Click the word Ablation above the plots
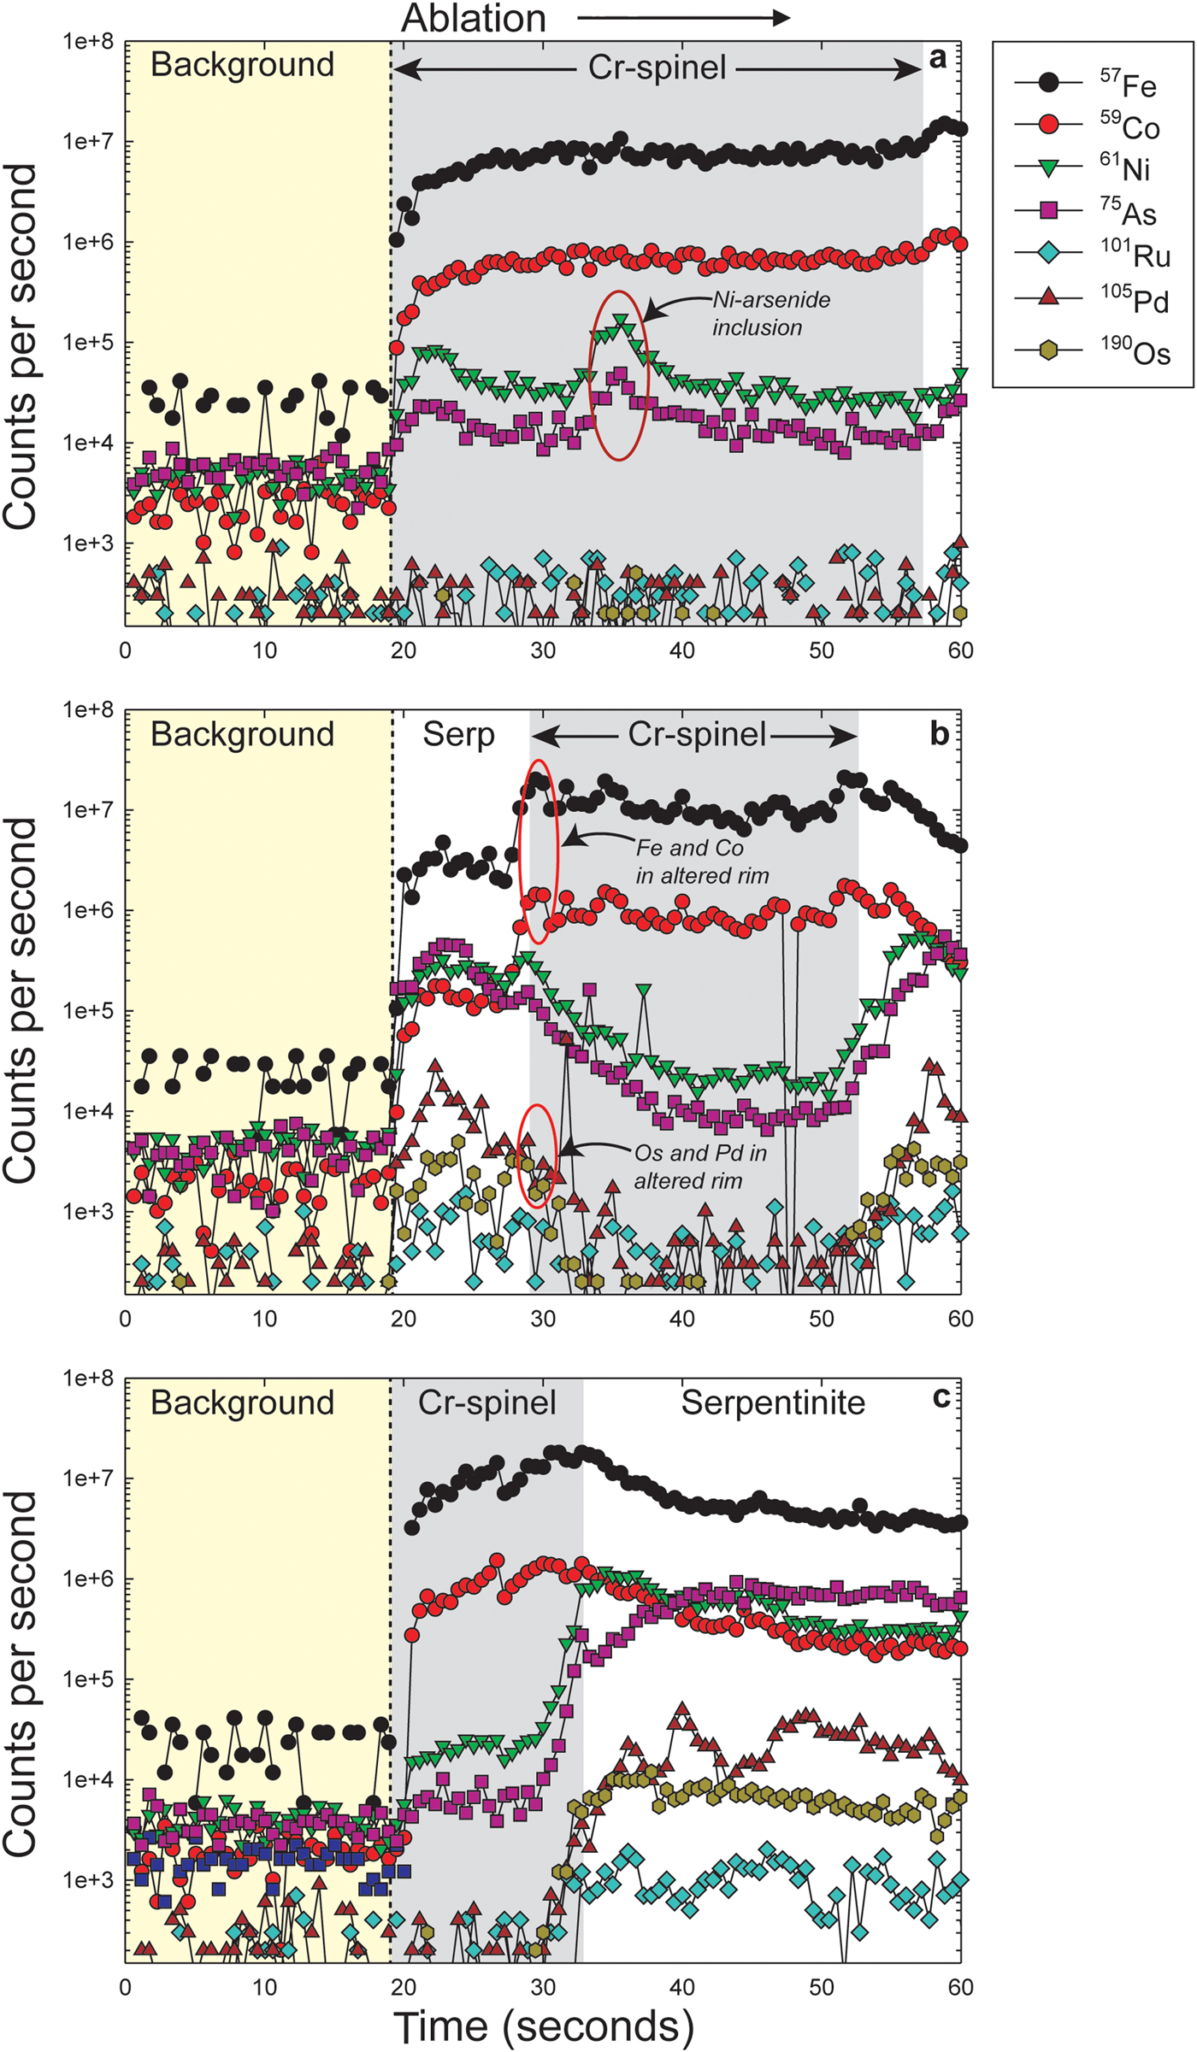pyautogui.click(x=474, y=19)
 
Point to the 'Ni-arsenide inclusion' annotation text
pyautogui.click(x=770, y=314)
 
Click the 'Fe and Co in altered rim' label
pyautogui.click(x=701, y=861)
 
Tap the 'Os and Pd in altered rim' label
pyautogui.click(x=699, y=1167)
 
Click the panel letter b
pyautogui.click(x=939, y=734)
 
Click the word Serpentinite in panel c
pyautogui.click(x=773, y=1402)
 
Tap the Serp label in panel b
pyautogui.click(x=458, y=735)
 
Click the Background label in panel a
pyautogui.click(x=242, y=65)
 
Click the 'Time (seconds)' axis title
pyautogui.click(x=543, y=2026)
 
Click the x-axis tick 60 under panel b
pyautogui.click(x=960, y=1318)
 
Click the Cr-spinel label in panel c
pyautogui.click(x=486, y=1402)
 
